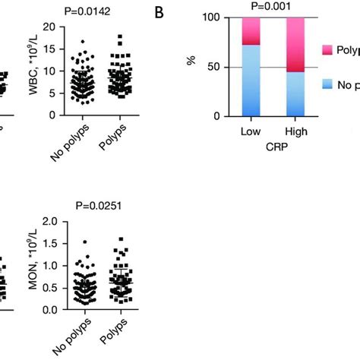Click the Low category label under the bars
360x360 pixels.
tap(251, 131)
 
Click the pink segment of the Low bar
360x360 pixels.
tap(251, 31)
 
